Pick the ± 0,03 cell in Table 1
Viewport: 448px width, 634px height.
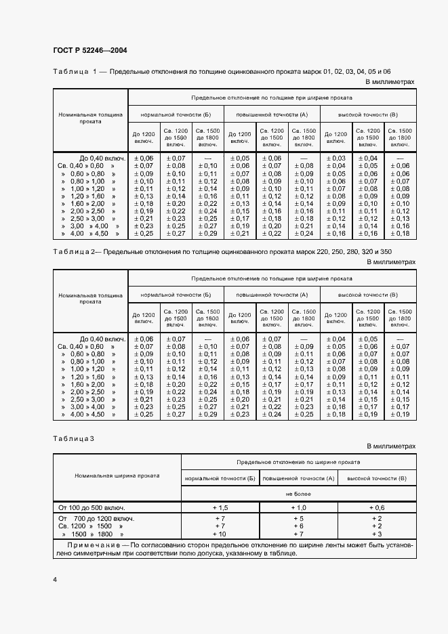335,158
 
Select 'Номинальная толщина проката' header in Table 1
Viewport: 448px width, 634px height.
90,118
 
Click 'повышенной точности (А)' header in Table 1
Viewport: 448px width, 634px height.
271,114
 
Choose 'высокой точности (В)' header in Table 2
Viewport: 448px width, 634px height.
367,295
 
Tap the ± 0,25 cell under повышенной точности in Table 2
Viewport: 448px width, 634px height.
305,414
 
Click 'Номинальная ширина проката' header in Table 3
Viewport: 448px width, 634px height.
117,475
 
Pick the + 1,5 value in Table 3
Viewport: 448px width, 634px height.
220,507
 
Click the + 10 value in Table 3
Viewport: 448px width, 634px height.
220,534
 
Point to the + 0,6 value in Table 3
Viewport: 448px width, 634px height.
377,507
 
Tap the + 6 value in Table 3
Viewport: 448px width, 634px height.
298,526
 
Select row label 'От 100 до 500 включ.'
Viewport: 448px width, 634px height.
91,507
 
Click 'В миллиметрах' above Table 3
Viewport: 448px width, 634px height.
390,446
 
